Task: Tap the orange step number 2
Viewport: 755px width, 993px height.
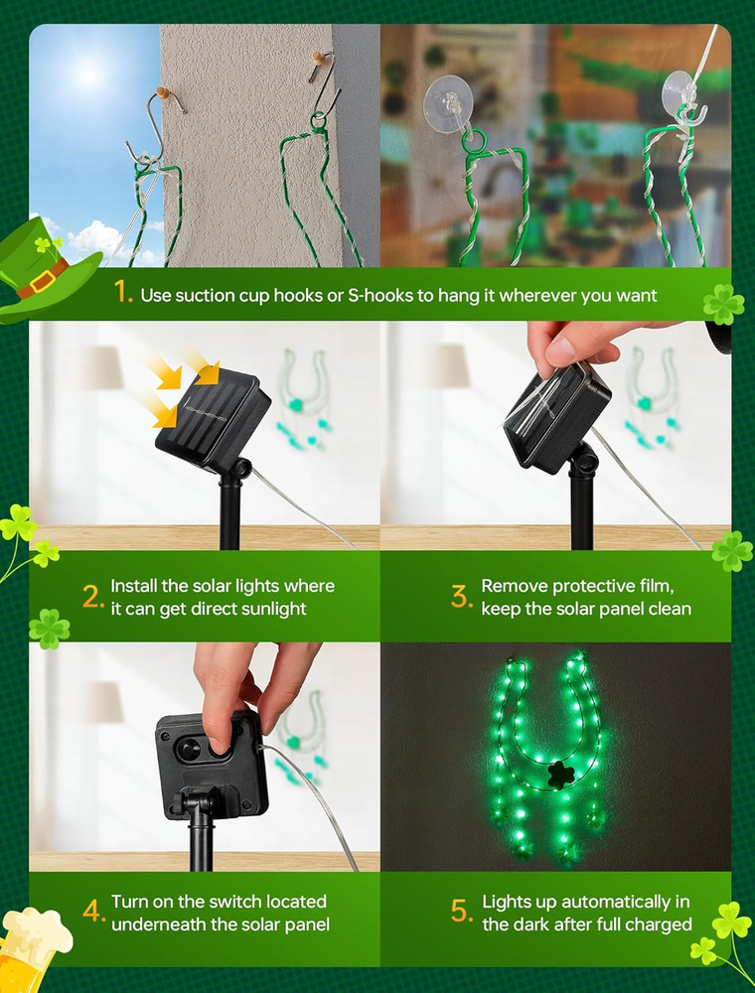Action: click(92, 597)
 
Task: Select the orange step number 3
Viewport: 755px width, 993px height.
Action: click(461, 597)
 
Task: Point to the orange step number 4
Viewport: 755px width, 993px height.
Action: click(92, 912)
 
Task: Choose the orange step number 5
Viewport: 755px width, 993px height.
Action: click(461, 912)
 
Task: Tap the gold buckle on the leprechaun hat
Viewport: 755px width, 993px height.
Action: click(41, 281)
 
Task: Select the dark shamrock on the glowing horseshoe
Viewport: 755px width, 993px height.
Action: click(561, 774)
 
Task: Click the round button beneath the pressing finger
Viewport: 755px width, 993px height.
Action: click(188, 749)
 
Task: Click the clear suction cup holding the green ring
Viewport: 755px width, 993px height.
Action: click(448, 98)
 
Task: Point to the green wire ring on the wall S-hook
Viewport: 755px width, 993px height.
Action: click(318, 120)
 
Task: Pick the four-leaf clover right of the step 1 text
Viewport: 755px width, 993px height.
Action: click(723, 304)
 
